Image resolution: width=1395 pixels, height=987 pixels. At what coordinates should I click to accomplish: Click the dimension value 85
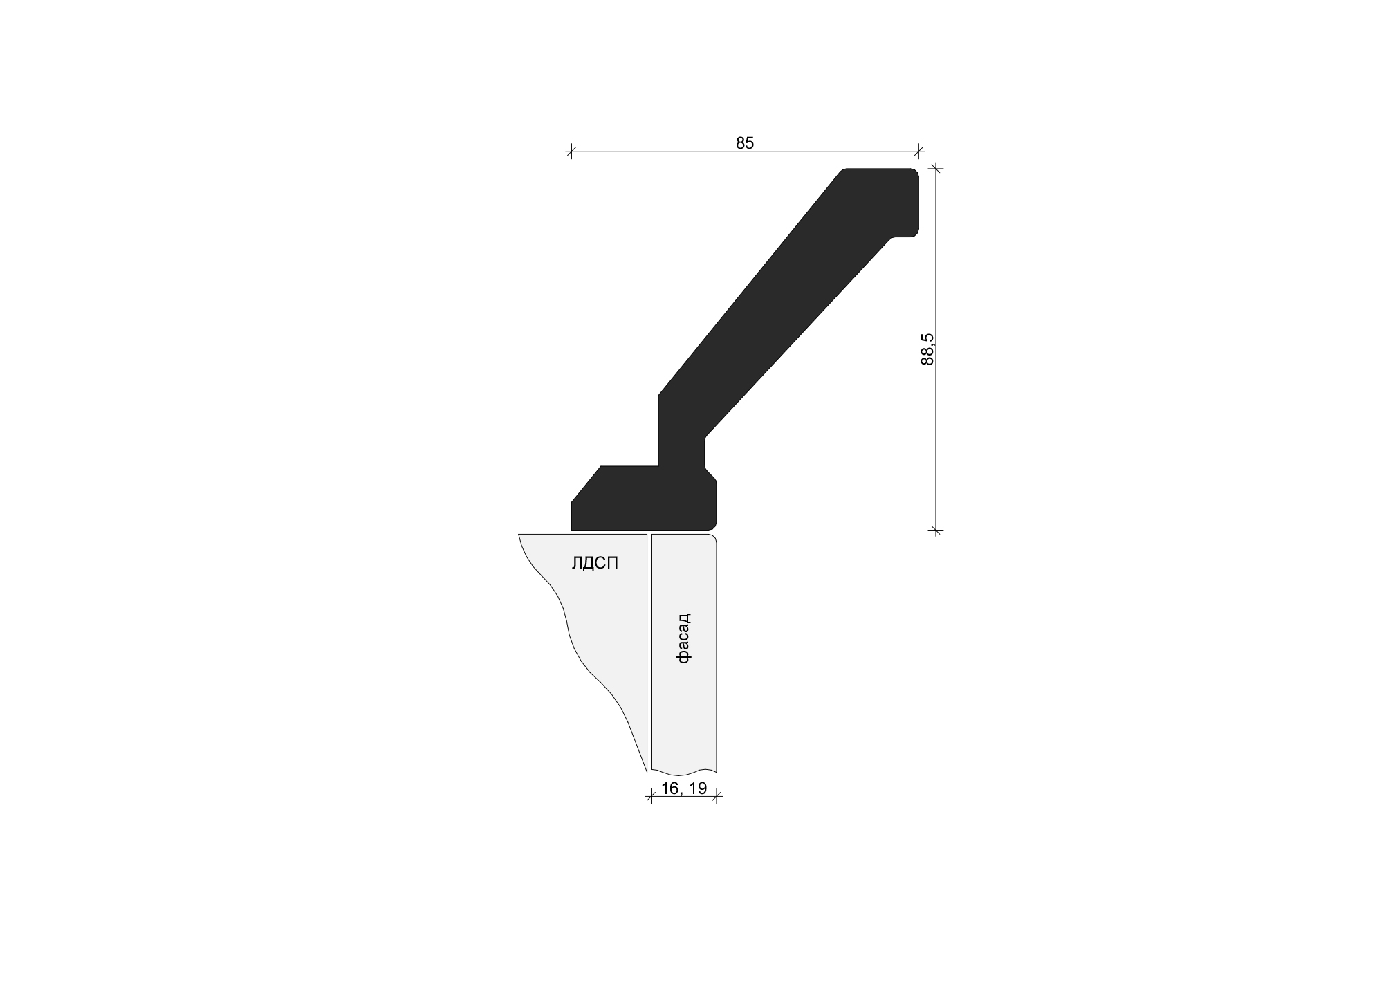coord(745,143)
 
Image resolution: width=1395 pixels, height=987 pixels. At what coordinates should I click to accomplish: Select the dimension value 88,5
coord(927,349)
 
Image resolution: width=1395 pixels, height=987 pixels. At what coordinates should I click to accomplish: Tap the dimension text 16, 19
coord(683,788)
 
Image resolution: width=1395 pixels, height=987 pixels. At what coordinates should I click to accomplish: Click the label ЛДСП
coord(595,564)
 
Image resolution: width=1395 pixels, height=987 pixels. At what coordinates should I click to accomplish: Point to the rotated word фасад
coord(683,638)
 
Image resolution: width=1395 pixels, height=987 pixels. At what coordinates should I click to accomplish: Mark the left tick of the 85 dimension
coord(571,151)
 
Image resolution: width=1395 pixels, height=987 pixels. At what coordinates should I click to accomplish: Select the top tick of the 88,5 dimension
coord(936,168)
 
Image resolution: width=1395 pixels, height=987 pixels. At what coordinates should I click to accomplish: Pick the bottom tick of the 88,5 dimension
coord(936,531)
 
